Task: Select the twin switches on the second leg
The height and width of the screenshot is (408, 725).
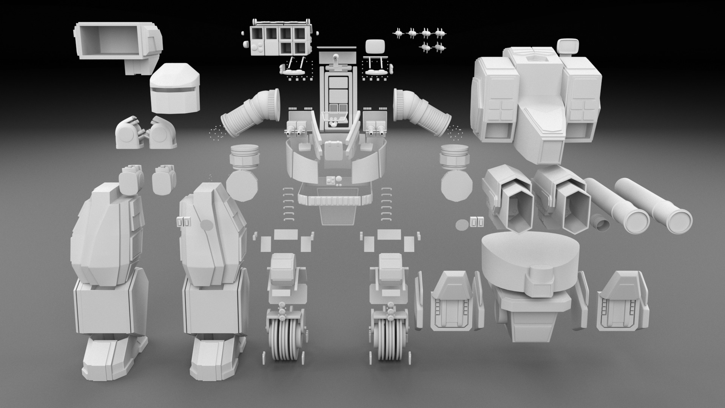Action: point(185,222)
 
